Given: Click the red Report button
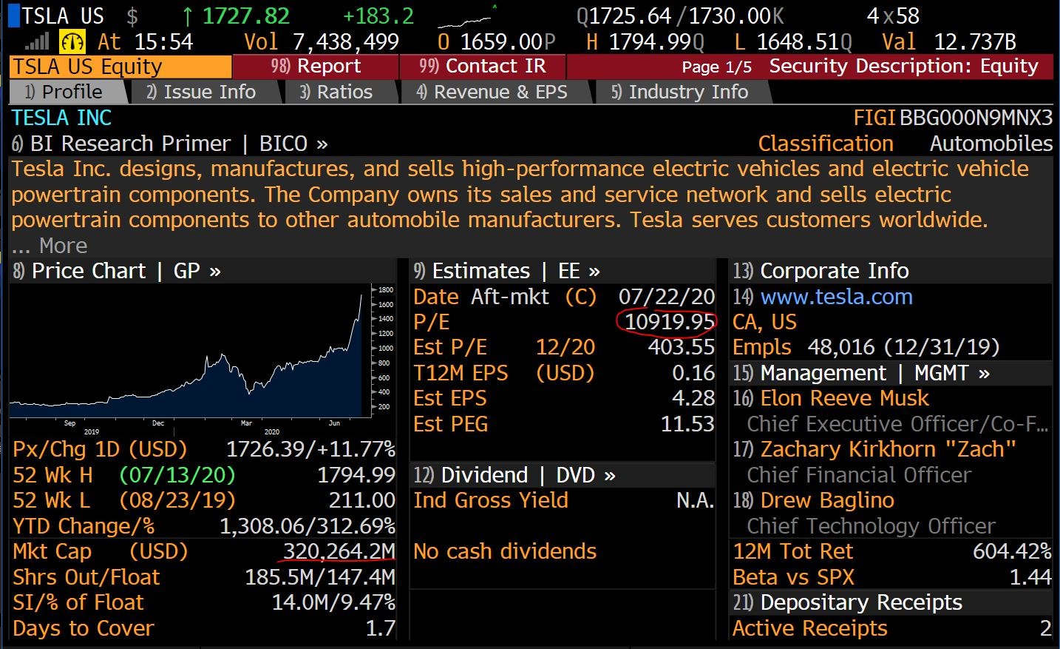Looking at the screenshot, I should pos(316,67).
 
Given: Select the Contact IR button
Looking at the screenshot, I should pos(482,67).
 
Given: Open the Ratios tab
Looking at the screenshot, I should pos(336,92).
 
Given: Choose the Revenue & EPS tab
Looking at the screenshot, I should pos(492,92).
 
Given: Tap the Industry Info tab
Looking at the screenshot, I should pos(680,92).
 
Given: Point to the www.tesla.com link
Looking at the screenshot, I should pos(836,297).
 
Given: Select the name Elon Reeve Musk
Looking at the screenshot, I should pos(844,398).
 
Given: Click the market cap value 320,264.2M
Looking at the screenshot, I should pos(339,551).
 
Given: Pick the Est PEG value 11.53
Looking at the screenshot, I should pos(687,424).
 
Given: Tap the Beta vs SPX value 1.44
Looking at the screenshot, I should pos(1030,576).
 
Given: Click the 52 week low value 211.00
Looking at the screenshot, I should pos(362,500).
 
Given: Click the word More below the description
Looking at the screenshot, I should pos(63,246).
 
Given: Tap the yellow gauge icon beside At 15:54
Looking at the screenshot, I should pos(72,41).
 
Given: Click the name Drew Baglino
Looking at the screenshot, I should pos(827,500).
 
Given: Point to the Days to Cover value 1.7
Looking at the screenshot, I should pos(381,628).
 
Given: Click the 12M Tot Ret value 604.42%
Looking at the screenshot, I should pos(1012,551).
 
